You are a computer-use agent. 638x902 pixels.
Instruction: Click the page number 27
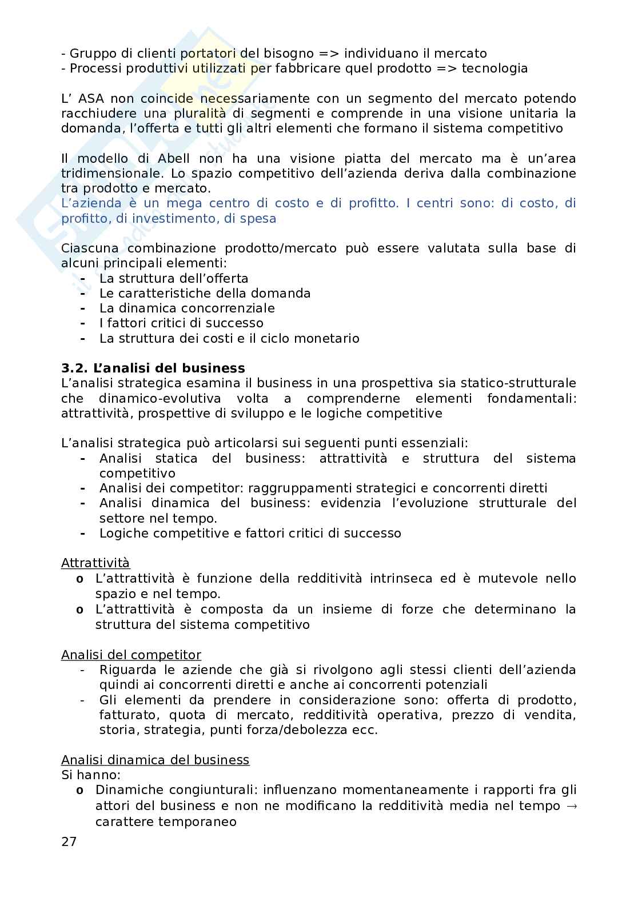click(69, 841)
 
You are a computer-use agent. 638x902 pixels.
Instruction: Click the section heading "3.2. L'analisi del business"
click(153, 368)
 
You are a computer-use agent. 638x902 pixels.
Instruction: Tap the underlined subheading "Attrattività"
click(95, 563)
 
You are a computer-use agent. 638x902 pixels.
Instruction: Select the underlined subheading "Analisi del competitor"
click(131, 655)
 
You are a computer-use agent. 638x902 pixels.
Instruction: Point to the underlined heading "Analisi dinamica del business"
click(155, 760)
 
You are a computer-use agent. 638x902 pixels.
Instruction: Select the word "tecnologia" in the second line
click(495, 69)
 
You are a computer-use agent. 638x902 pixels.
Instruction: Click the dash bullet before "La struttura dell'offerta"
click(83, 278)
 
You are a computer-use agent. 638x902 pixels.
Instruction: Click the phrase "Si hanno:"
click(91, 775)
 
